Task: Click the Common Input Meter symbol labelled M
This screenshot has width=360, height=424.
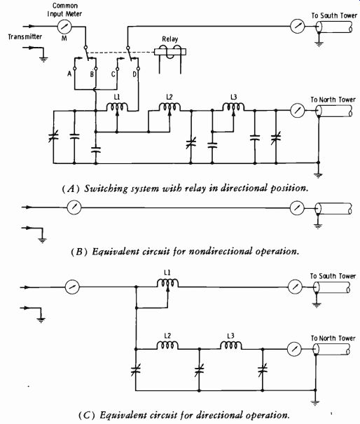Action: pyautogui.click(x=64, y=27)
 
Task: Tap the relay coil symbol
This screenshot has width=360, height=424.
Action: pyautogui.click(x=170, y=51)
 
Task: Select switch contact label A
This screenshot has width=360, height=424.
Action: pyautogui.click(x=69, y=74)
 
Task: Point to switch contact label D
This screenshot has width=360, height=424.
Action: pyautogui.click(x=134, y=74)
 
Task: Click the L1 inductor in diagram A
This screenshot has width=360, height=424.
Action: pyautogui.click(x=117, y=107)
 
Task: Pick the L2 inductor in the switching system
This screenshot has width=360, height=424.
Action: pyautogui.click(x=169, y=107)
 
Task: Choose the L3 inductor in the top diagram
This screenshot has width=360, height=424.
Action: pyautogui.click(x=233, y=107)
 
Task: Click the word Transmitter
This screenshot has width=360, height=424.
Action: pyautogui.click(x=25, y=36)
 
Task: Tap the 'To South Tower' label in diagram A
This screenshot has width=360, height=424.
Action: pyautogui.click(x=334, y=15)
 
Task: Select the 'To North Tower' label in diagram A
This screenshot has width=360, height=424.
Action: pyautogui.click(x=333, y=100)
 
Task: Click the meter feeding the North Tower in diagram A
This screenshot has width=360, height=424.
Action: pyautogui.click(x=297, y=110)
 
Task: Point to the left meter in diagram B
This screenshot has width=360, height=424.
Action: pyautogui.click(x=74, y=207)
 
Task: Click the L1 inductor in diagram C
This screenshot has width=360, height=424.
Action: pyautogui.click(x=167, y=283)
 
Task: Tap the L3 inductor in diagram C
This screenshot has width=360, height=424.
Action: pyautogui.click(x=231, y=346)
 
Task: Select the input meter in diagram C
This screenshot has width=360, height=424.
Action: pyautogui.click(x=72, y=287)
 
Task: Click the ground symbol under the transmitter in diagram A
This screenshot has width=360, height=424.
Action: pyautogui.click(x=43, y=59)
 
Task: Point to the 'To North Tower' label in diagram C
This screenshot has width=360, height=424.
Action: pyautogui.click(x=333, y=338)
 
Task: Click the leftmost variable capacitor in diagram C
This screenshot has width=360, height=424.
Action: pyautogui.click(x=135, y=369)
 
